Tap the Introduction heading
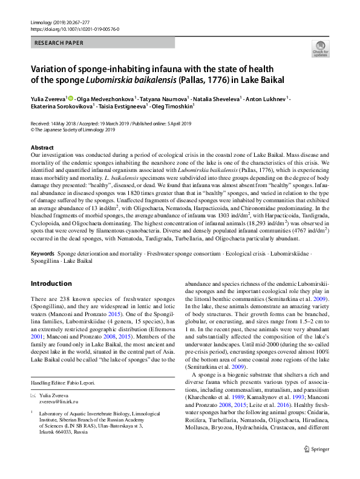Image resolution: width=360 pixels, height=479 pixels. [x=51, y=283]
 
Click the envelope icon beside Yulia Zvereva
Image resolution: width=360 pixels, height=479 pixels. [x=34, y=394]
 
